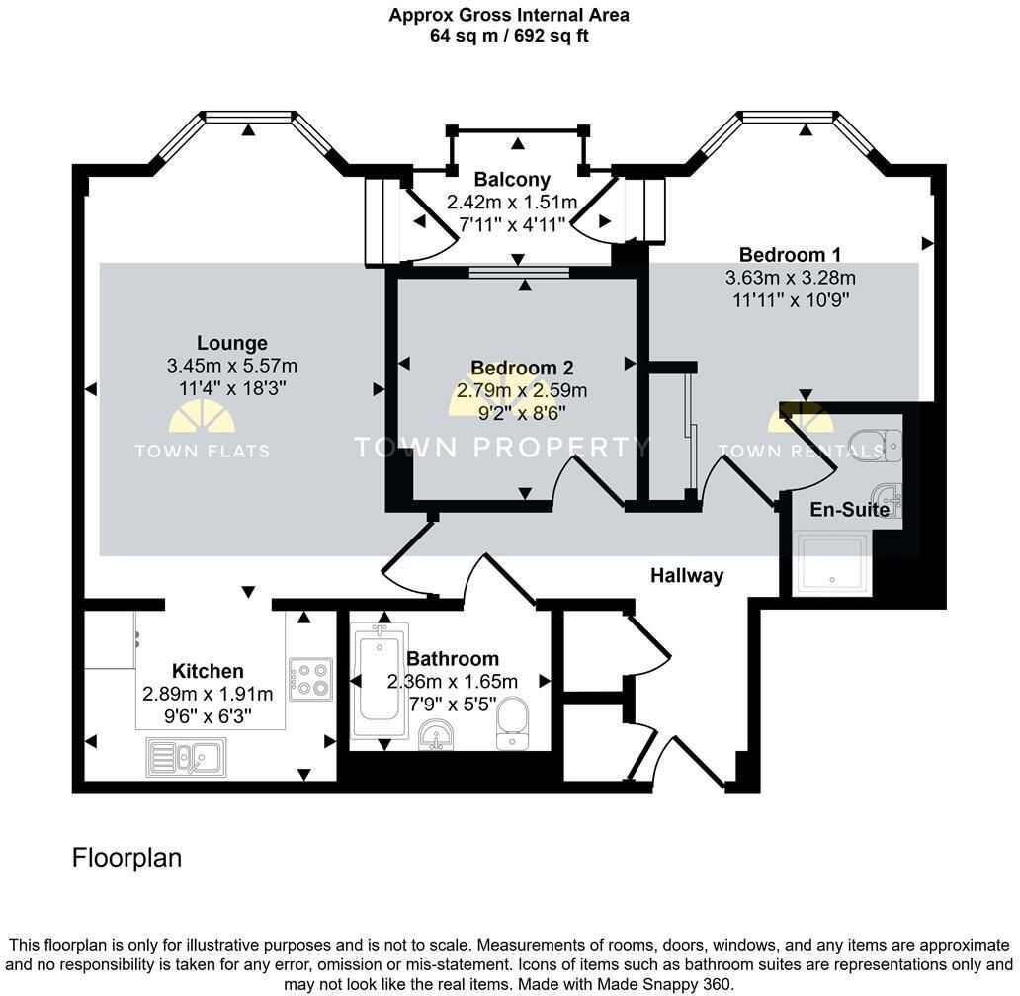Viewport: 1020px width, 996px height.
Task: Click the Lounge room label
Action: pyautogui.click(x=232, y=343)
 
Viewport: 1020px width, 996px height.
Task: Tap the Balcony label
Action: pyautogui.click(x=512, y=179)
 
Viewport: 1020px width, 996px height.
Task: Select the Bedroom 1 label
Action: pyautogui.click(x=790, y=254)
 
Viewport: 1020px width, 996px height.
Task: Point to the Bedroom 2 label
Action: pyautogui.click(x=523, y=368)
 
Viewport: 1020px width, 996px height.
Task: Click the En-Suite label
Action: pyautogui.click(x=850, y=509)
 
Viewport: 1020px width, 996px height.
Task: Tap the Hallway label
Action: pyautogui.click(x=687, y=576)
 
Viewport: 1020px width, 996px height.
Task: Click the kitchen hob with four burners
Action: pyautogui.click(x=311, y=680)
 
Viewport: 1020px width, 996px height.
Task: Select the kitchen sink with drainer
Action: pyautogui.click(x=186, y=757)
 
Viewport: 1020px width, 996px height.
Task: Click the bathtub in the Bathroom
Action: pyautogui.click(x=380, y=681)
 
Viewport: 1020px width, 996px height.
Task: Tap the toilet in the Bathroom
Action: pyautogui.click(x=512, y=723)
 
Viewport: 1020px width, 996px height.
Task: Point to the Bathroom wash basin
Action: pyautogui.click(x=436, y=735)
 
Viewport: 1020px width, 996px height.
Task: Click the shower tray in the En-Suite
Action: pyautogui.click(x=832, y=563)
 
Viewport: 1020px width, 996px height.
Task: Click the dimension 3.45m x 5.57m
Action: pyautogui.click(x=232, y=366)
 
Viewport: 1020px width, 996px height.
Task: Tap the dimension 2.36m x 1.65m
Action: pyautogui.click(x=452, y=682)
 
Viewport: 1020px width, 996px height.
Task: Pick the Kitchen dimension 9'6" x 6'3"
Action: pyautogui.click(x=208, y=716)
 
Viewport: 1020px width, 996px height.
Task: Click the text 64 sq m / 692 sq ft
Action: pyautogui.click(x=509, y=36)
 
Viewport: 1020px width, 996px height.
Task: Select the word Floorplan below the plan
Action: pyautogui.click(x=127, y=858)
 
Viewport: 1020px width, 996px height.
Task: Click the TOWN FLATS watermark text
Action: pyautogui.click(x=202, y=451)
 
